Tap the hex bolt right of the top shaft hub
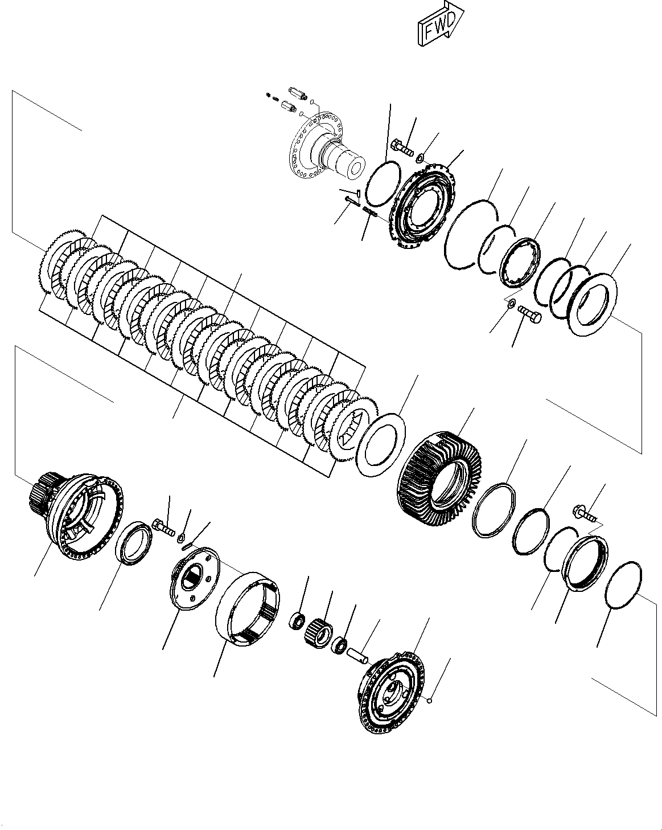click(x=402, y=148)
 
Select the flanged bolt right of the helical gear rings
click(x=586, y=513)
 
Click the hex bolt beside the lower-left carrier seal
click(x=163, y=527)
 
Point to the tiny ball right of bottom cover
click(x=431, y=701)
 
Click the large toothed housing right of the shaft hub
click(x=423, y=208)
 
